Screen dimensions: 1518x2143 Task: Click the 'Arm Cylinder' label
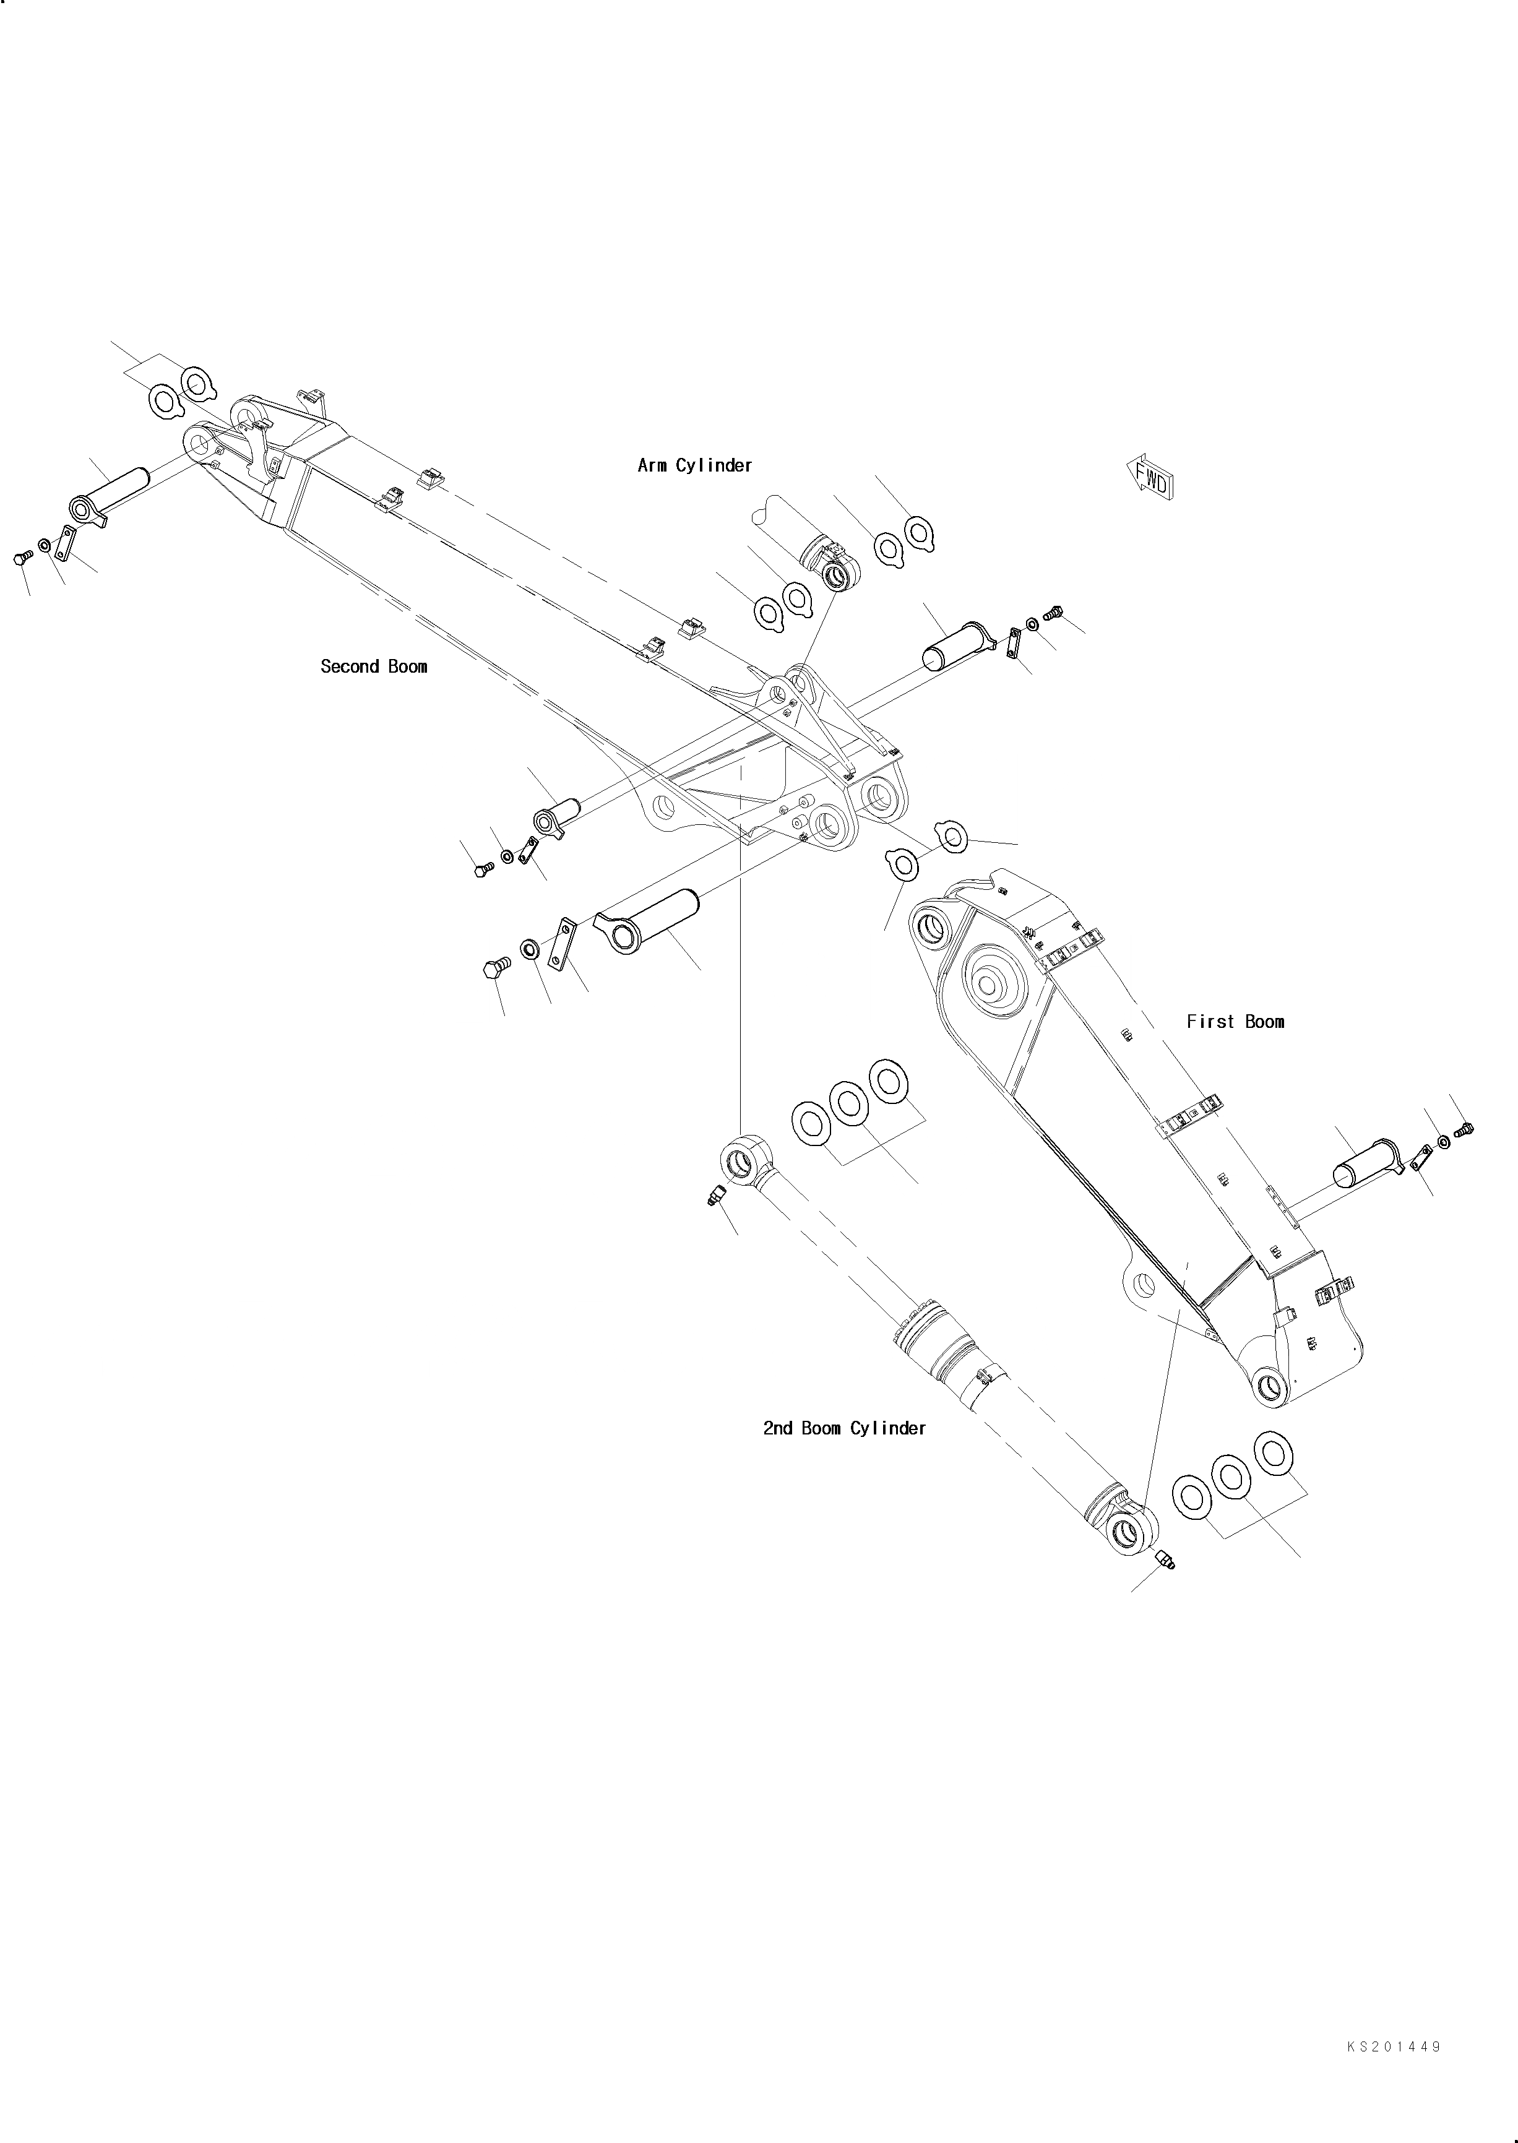694,465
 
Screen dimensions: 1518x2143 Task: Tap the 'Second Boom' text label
374,666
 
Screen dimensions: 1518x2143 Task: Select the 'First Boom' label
1235,1022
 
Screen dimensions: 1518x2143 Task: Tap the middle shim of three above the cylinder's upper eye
850,1103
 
